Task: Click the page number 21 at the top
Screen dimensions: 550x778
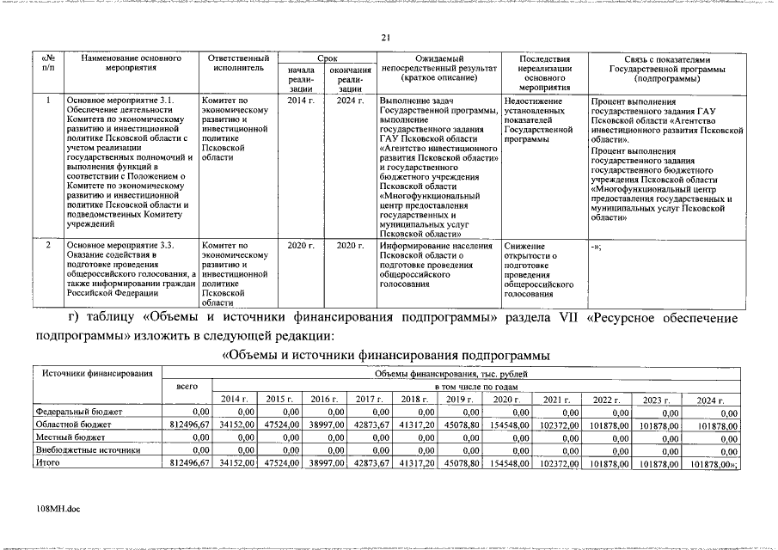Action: click(386, 37)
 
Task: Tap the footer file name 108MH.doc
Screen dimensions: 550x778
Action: click(59, 510)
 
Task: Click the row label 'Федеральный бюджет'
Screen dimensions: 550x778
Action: click(78, 412)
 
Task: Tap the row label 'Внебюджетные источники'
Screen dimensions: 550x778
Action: click(87, 449)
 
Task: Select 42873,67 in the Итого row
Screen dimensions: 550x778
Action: click(372, 463)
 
